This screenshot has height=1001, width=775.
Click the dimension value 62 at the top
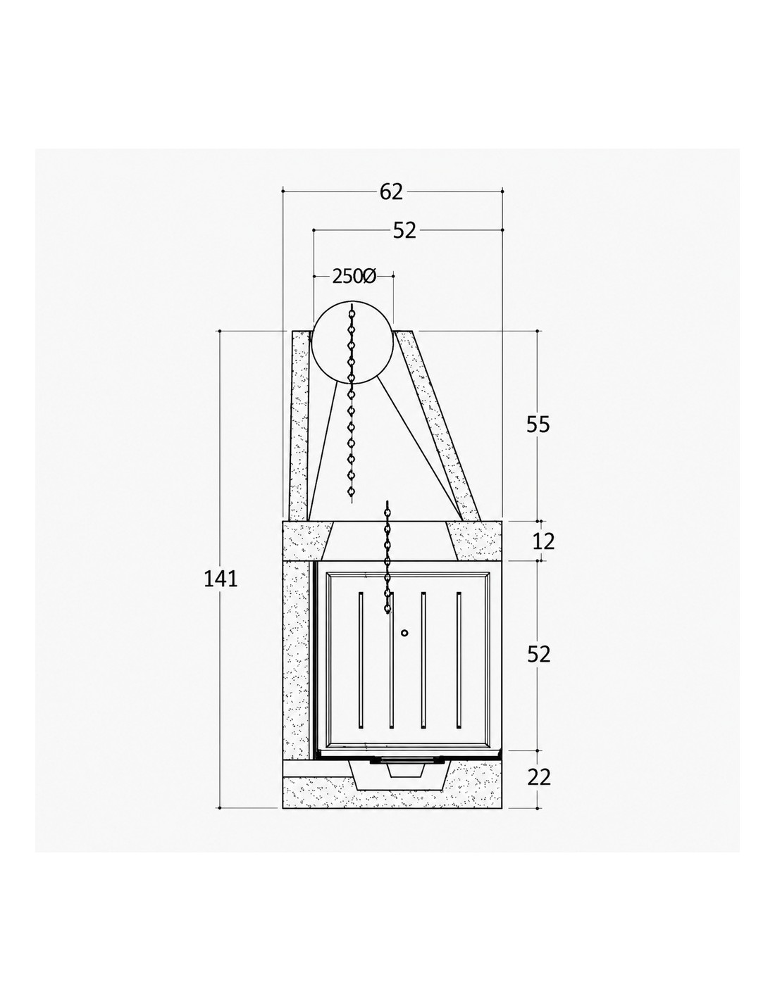[392, 191]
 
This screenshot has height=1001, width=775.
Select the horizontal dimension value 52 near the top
[404, 230]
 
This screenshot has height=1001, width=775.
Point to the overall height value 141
[221, 579]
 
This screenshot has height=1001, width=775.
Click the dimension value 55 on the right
[538, 424]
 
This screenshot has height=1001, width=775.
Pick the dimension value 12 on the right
[544, 542]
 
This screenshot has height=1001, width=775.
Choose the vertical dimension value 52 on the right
[538, 654]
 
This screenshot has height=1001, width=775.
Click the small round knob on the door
[404, 633]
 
